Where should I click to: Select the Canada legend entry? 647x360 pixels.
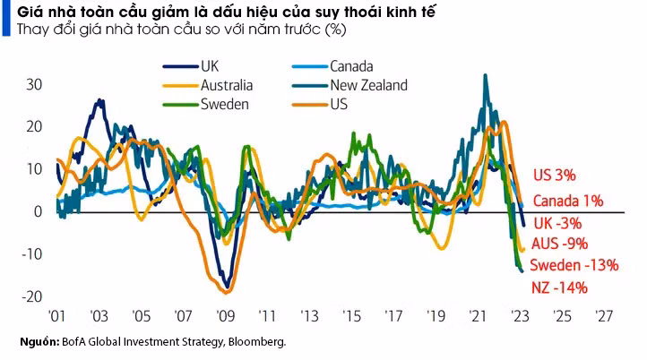tap(351, 66)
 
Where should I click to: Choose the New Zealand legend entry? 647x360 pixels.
tap(368, 85)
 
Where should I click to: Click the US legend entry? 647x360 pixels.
tap(339, 104)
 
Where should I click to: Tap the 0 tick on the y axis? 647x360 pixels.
tap(38, 212)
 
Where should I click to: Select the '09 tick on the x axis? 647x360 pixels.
tap(224, 316)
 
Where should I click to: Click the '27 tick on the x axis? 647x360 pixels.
tap(603, 316)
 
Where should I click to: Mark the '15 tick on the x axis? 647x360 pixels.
tap(350, 316)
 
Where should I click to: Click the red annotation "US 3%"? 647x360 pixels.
tap(554, 174)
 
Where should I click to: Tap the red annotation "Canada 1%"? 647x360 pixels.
tap(567, 201)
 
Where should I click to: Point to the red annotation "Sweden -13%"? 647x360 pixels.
tap(574, 265)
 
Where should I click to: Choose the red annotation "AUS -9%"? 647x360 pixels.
tap(559, 244)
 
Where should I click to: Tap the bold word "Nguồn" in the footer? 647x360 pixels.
tap(39, 341)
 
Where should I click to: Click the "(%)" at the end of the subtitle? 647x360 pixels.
tap(335, 30)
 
